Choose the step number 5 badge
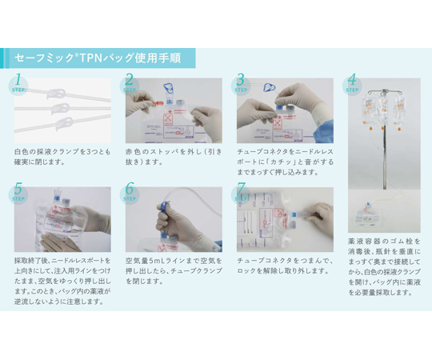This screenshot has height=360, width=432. (x=19, y=192)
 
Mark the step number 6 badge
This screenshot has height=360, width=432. (x=130, y=192)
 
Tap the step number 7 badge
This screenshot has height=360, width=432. (x=241, y=192)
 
